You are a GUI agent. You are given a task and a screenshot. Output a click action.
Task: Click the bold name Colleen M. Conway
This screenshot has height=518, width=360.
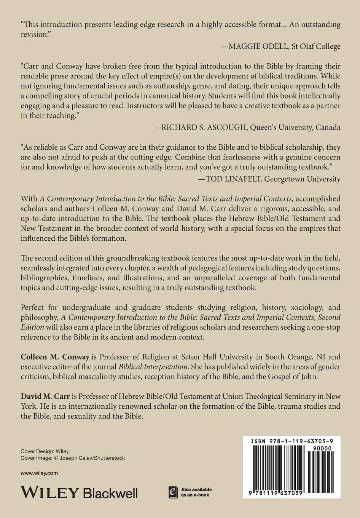pos(55,357)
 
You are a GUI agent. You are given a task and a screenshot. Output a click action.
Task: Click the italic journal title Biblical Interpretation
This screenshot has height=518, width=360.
pos(153,367)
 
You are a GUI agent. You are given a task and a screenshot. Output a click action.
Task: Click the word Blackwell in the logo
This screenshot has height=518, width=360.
pos(110,493)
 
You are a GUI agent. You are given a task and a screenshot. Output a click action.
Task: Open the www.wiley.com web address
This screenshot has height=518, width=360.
pos(39,473)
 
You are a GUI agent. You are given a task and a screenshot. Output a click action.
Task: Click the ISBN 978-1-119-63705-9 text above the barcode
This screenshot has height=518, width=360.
pos(292,442)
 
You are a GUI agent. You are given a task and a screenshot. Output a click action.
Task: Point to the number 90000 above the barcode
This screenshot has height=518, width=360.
pos(321,449)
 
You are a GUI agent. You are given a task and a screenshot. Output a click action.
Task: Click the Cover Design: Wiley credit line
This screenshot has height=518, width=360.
pos(45,451)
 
